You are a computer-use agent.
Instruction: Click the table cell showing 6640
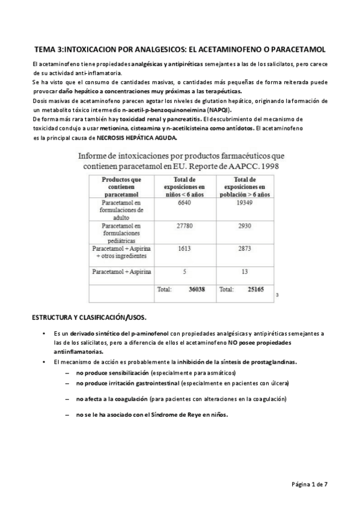pyautogui.click(x=185, y=204)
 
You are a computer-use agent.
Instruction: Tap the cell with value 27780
pyautogui.click(x=185, y=226)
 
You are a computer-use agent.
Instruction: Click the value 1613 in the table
pyautogui.click(x=185, y=248)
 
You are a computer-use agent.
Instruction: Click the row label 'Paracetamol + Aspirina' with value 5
pyautogui.click(x=121, y=272)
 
